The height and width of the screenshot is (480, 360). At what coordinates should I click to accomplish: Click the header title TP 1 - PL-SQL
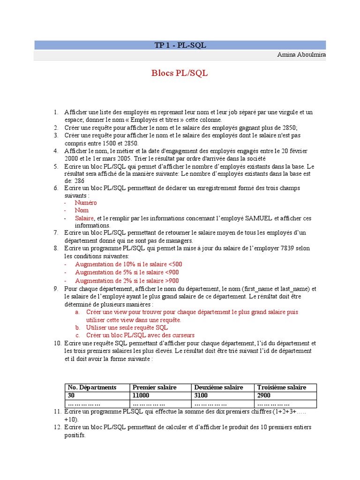180,45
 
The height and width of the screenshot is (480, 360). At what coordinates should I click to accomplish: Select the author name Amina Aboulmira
301,55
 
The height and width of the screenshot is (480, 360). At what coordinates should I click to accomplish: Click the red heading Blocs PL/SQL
180,73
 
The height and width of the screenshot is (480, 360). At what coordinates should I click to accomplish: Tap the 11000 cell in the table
142,396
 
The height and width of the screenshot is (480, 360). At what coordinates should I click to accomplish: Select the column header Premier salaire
155,387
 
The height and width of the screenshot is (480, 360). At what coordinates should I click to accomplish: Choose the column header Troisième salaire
281,387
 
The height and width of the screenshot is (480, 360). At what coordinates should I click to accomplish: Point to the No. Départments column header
92,387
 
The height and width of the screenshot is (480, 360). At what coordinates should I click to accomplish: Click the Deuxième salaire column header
218,387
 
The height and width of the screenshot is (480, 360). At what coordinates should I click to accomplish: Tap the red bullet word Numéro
86,203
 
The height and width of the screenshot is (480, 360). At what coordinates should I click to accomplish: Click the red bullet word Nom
82,210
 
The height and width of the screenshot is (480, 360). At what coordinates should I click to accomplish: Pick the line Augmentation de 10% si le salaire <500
128,264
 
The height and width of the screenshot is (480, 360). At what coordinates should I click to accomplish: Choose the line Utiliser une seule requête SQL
127,328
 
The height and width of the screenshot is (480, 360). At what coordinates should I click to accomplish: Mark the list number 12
57,427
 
